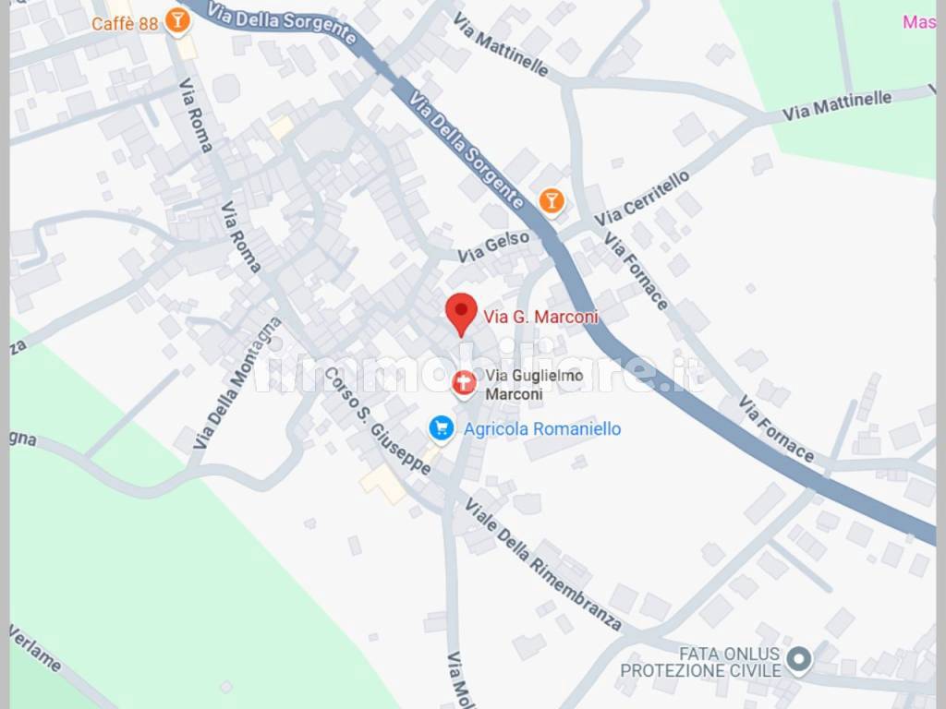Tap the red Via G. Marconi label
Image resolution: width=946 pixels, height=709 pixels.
(x=540, y=318)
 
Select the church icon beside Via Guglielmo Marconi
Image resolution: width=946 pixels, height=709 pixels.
(x=464, y=383)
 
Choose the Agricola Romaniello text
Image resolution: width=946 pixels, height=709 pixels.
(x=541, y=429)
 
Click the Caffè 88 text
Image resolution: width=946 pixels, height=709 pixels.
(x=125, y=24)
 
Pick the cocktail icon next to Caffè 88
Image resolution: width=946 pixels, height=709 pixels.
(x=176, y=21)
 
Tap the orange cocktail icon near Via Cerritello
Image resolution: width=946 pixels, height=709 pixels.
(x=552, y=199)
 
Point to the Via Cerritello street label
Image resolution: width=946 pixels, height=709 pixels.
(x=642, y=198)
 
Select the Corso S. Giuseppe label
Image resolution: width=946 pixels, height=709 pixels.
(x=377, y=422)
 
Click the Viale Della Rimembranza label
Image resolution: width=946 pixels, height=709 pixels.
(x=542, y=564)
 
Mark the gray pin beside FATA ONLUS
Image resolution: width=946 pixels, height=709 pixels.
(x=799, y=659)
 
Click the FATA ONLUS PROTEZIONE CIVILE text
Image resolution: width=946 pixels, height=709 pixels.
(x=701, y=662)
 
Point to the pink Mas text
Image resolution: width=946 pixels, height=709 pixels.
(x=918, y=22)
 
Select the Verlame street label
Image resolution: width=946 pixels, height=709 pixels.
(x=36, y=648)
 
